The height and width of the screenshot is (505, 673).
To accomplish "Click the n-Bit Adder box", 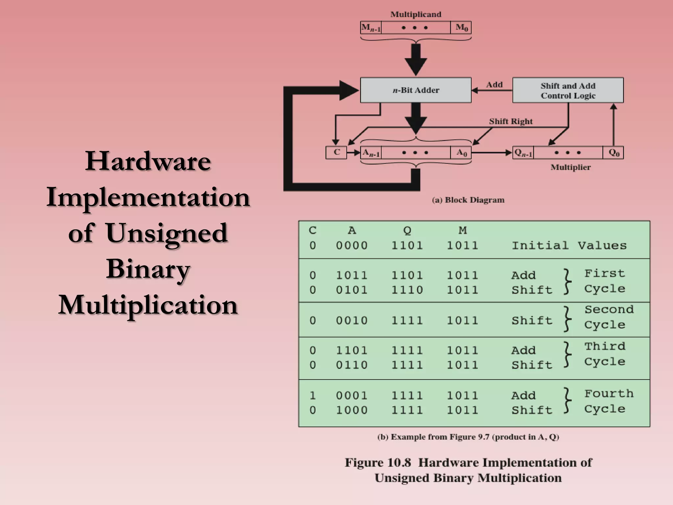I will coord(416,90).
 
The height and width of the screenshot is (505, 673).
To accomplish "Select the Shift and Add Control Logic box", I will coord(568,90).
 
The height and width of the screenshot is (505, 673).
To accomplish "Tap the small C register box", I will coord(336,153).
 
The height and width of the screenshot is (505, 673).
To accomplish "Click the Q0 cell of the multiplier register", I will coord(614,153).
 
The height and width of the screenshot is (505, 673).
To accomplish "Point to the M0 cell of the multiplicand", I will coord(461,28).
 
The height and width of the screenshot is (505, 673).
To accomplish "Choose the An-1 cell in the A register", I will coord(371,153).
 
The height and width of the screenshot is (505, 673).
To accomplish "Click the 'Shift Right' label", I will coord(511,121).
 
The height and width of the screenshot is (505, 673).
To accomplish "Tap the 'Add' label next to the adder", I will coord(494,85).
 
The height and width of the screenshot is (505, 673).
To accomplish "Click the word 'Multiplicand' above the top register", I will coord(416,14).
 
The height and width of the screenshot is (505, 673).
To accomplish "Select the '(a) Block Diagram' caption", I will coord(468,200).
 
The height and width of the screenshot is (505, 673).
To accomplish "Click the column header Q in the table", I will coord(407,230).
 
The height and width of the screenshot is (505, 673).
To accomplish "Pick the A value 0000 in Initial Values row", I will coord(352,246).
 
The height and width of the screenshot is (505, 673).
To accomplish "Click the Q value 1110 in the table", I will coord(407,290).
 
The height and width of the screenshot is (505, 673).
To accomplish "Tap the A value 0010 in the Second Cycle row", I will coord(352,321).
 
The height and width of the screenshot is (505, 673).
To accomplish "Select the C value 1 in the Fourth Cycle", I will coord(313,396).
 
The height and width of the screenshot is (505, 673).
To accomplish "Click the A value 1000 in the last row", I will coord(352,410).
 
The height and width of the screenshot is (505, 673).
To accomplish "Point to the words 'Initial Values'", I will coord(569,246).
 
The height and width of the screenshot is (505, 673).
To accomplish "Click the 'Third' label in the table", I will coord(605,346).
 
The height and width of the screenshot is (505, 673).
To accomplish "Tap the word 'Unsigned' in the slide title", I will coord(167,233).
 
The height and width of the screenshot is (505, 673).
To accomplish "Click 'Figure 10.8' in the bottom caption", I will coord(378,463).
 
